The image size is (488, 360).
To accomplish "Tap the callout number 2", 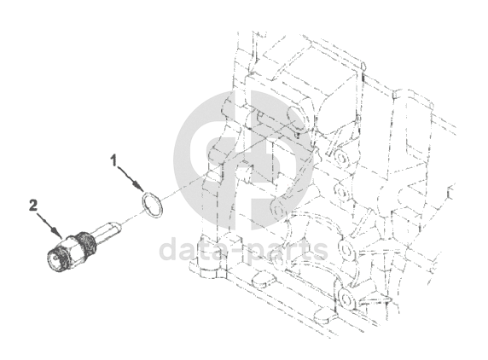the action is click(33, 206).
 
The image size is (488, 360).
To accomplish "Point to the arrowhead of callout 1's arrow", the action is click(140, 187).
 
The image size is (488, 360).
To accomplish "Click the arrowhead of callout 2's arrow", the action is click(58, 234).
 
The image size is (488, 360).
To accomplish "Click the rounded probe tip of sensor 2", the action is click(119, 228).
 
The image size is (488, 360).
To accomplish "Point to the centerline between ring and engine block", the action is click(226, 160).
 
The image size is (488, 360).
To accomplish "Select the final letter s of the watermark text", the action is click(320, 253).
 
